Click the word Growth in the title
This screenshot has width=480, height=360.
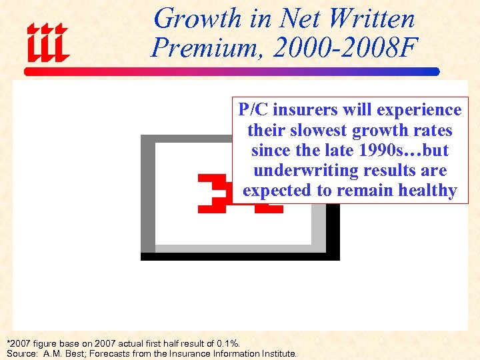pos(193,18)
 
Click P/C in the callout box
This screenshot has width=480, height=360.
pos(253,110)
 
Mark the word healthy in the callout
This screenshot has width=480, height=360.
pos(427,190)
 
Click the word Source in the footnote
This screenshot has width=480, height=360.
pos(21,353)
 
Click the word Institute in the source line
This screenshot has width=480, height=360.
pos(277,353)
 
